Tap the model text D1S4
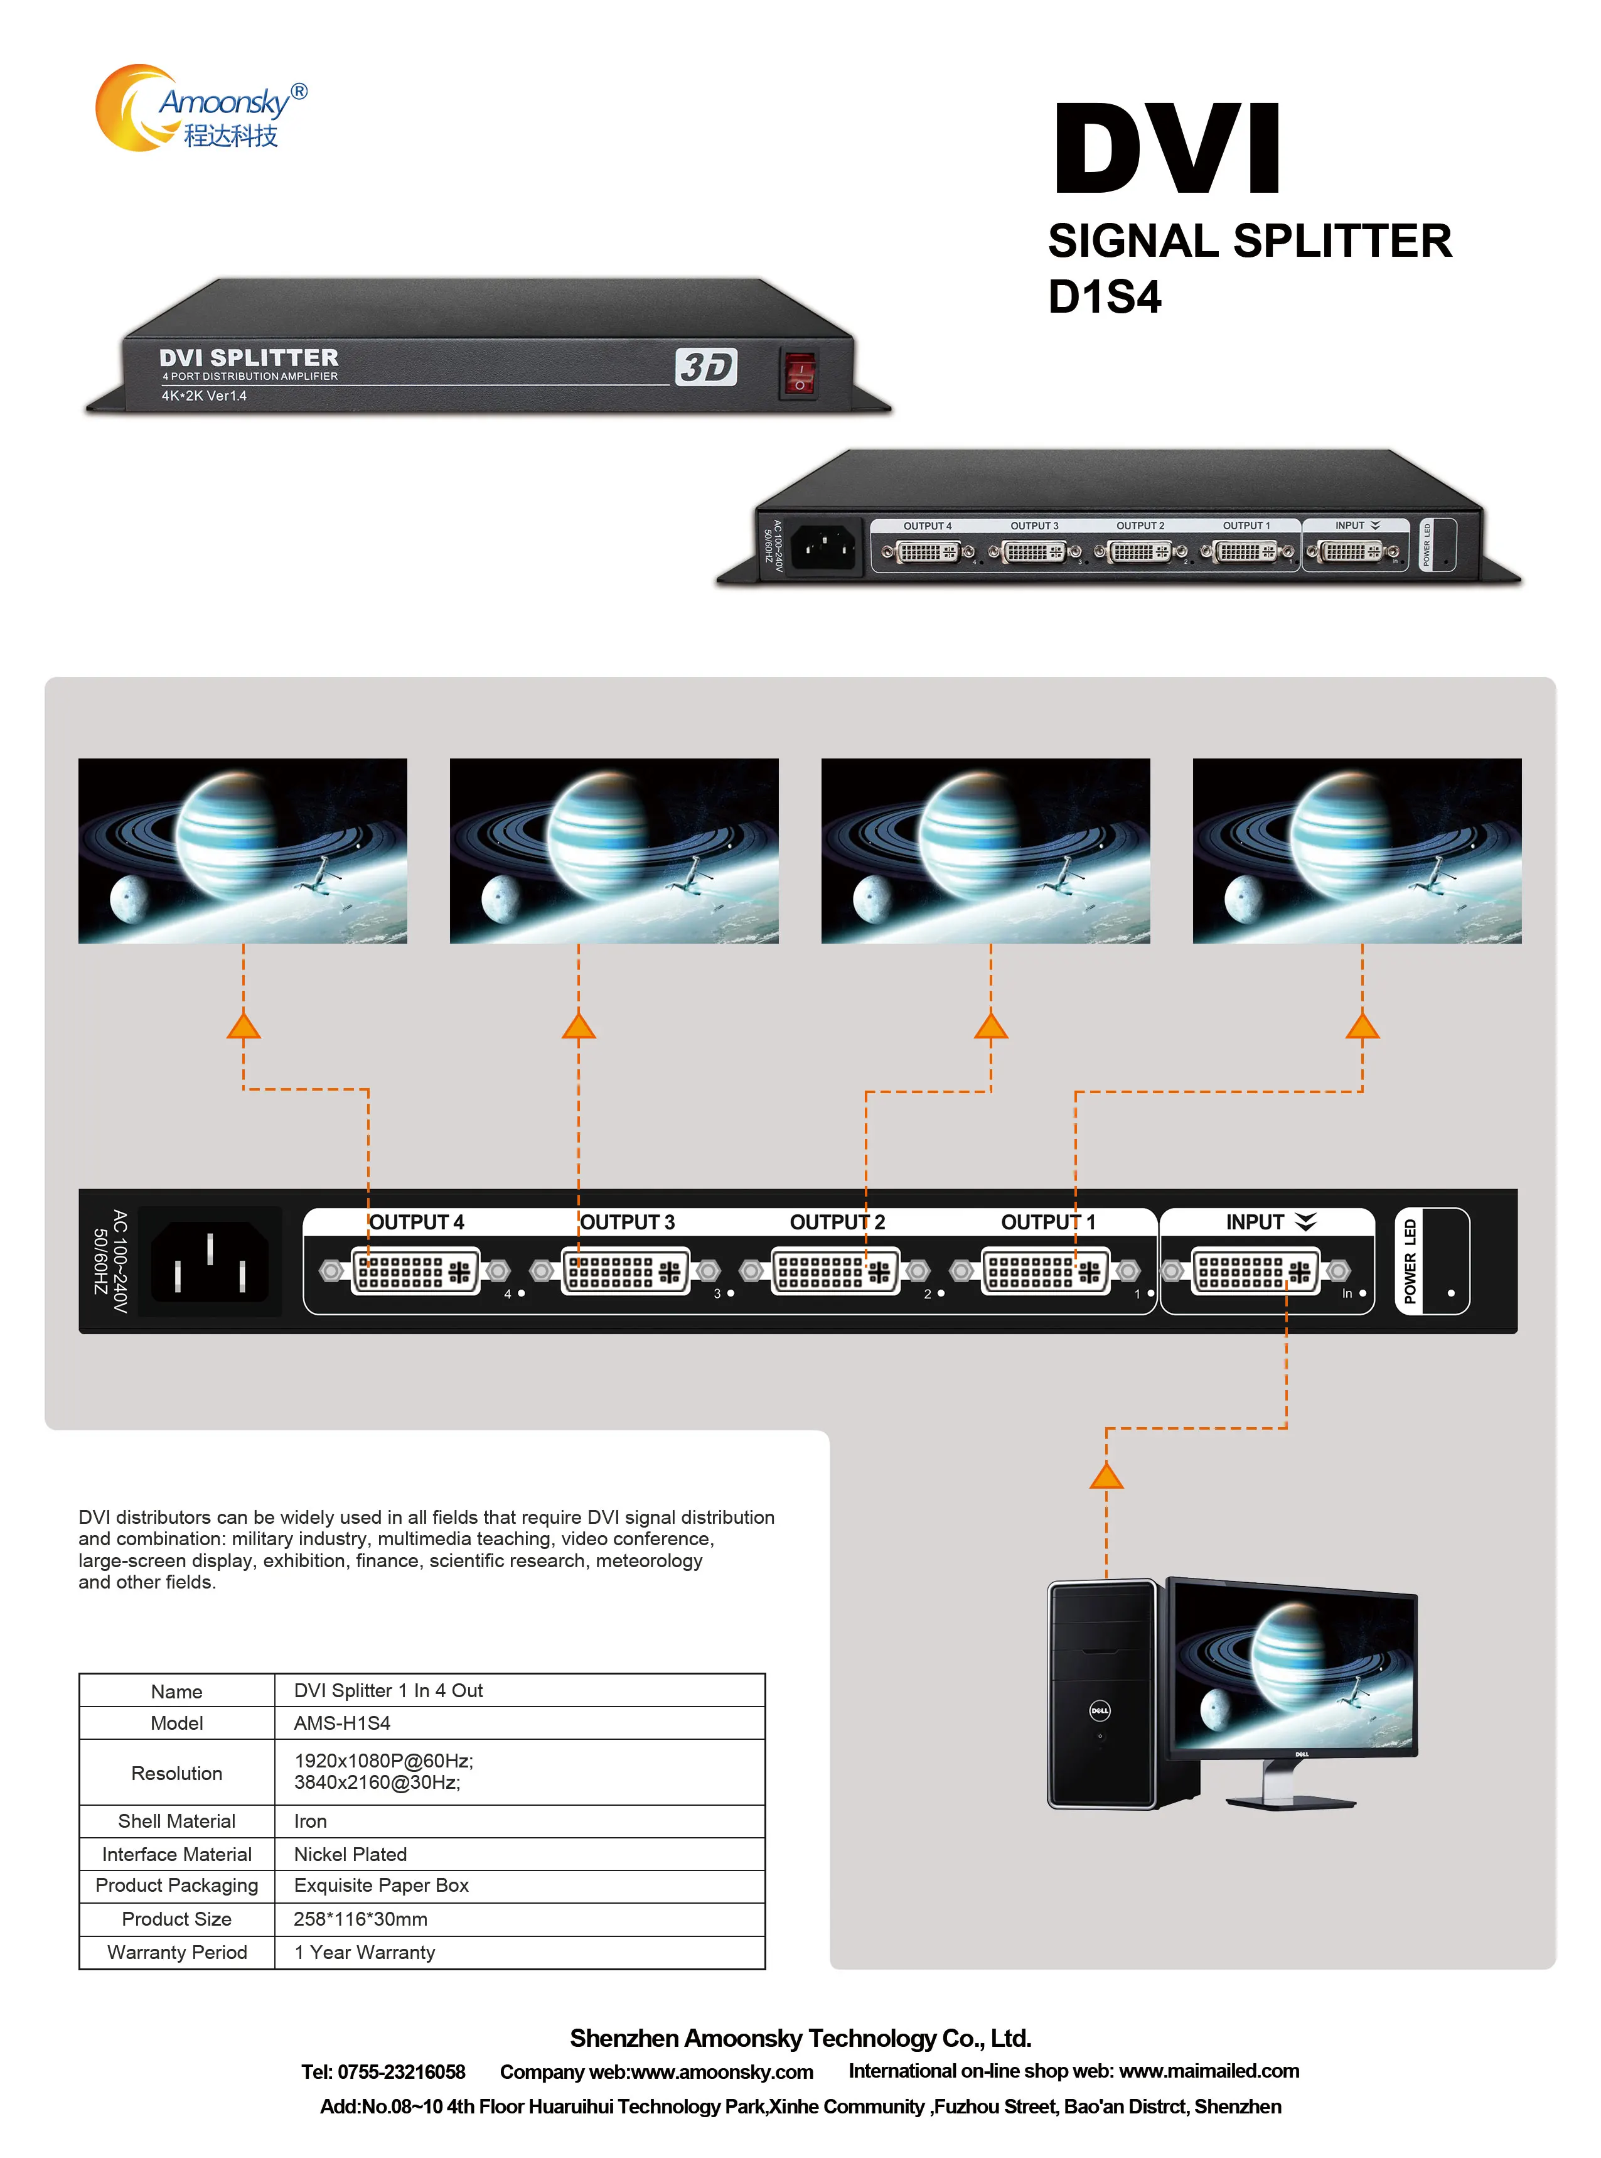point(1104,296)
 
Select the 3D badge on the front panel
point(705,367)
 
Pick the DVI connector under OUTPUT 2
point(835,1271)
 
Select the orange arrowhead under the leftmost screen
point(244,1026)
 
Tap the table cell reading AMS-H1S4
point(342,1723)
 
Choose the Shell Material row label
point(176,1821)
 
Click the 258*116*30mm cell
point(360,1919)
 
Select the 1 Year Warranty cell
point(365,1951)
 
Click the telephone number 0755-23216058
point(400,2072)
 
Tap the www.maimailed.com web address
point(1209,2071)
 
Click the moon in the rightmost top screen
point(1243,898)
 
